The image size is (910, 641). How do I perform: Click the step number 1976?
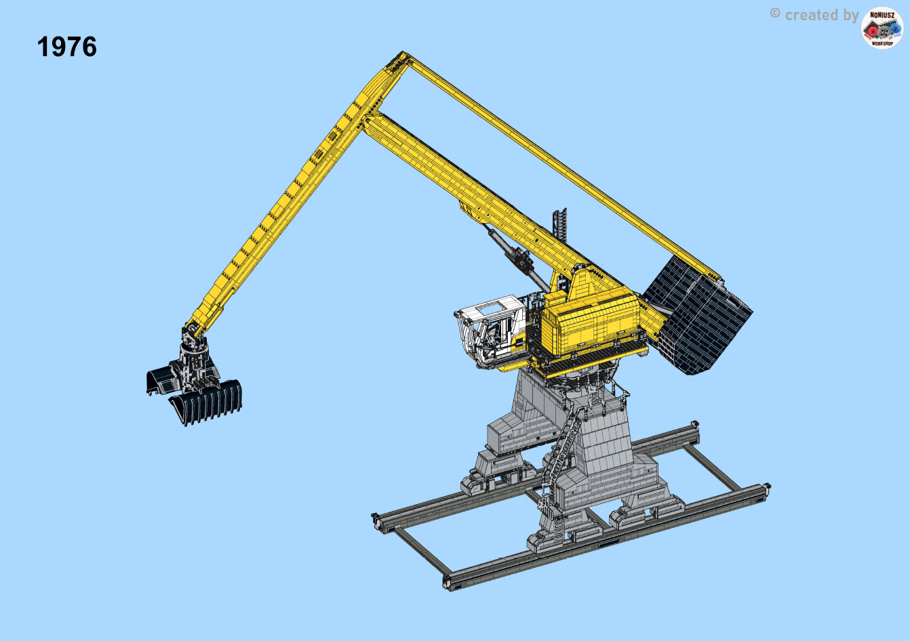point(67,47)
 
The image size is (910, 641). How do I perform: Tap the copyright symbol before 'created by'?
point(775,14)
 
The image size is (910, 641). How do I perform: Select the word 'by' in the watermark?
point(851,16)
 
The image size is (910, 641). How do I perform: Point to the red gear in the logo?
point(872,31)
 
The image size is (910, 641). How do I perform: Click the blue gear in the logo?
point(894,28)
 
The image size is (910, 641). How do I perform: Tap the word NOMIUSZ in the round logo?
point(882,15)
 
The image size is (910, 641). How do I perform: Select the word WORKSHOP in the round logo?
point(882,43)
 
